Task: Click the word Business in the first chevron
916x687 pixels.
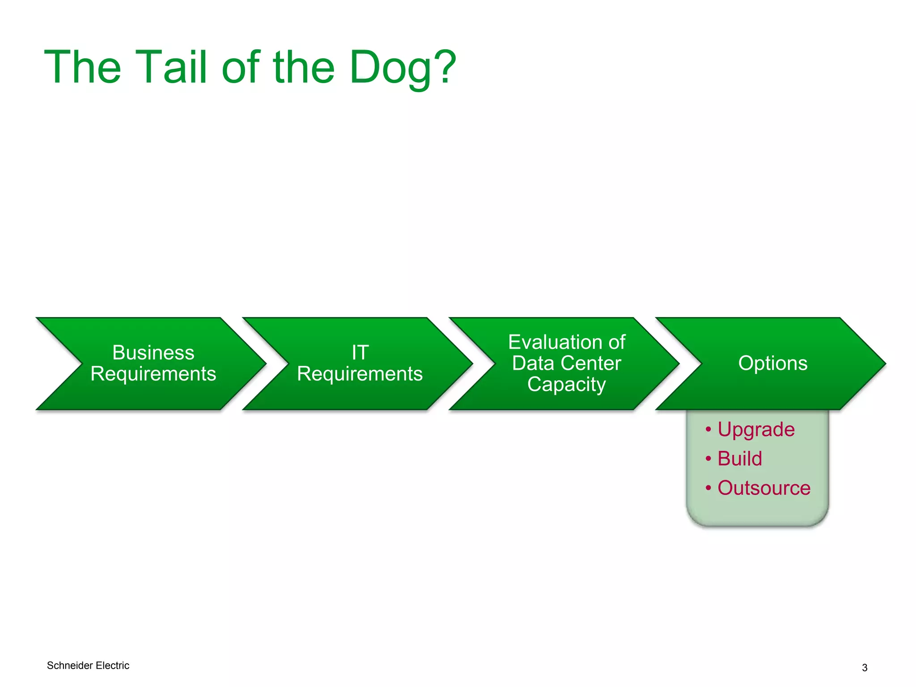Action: point(153,353)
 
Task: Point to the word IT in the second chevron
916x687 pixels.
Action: point(360,353)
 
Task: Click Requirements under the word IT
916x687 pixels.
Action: point(360,374)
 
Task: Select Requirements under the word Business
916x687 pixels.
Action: point(153,374)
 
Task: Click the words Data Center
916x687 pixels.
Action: point(566,364)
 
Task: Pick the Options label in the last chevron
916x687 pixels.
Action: point(773,363)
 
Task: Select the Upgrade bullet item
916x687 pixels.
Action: point(756,430)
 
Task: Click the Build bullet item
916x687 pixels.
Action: point(739,459)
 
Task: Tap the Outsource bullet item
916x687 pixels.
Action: point(763,488)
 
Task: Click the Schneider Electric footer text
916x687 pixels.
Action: point(88,666)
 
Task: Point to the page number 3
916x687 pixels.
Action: point(864,668)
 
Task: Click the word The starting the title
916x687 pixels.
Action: point(83,67)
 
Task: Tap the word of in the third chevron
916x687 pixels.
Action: point(616,343)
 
